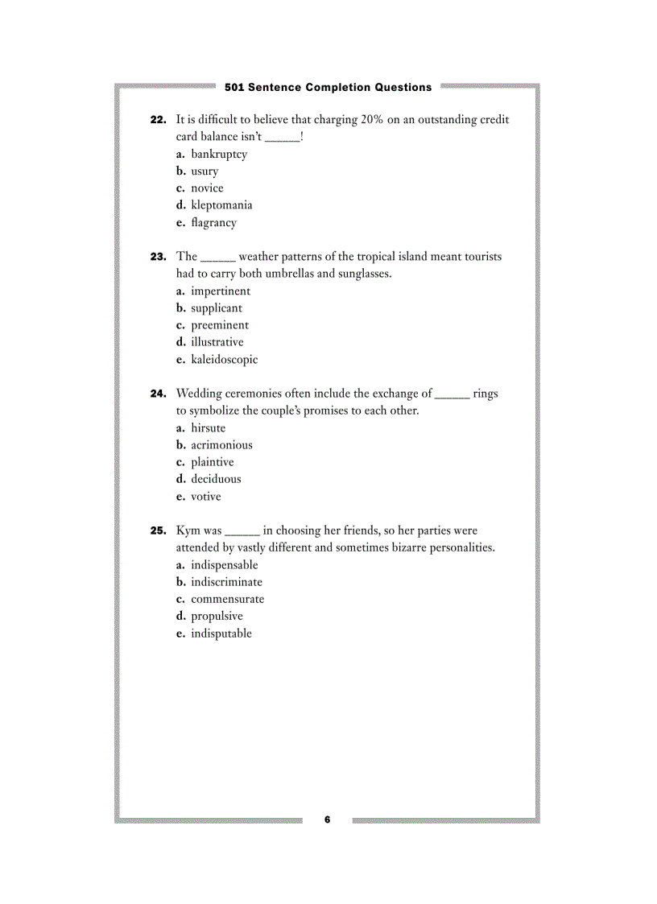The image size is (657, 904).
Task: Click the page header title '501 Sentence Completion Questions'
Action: pos(328,87)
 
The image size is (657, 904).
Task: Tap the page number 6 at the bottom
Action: pos(328,819)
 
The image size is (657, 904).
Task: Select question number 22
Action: pos(158,120)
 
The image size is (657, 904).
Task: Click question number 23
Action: pos(158,257)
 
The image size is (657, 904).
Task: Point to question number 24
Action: pos(158,394)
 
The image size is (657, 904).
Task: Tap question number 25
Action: pos(158,531)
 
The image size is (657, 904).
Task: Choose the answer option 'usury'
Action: pos(205,171)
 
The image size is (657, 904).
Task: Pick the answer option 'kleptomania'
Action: pos(221,205)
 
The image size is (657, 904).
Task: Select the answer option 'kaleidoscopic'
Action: pos(224,360)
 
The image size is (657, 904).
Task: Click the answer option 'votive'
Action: pos(205,497)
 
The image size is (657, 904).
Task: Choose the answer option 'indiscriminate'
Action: pos(226,582)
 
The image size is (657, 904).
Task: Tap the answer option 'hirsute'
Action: pos(208,428)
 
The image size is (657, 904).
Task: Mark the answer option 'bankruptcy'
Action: pos(219,155)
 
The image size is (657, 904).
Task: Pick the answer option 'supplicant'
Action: pos(216,308)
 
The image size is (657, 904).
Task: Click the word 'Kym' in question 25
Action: pos(188,531)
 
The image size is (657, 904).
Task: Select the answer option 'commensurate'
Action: pos(227,599)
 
